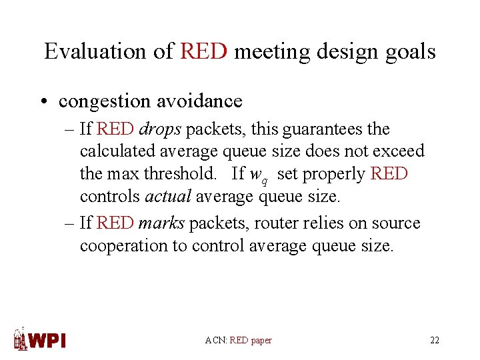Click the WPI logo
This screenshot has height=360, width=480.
tap(41, 339)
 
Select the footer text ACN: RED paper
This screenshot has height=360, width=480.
tap(239, 341)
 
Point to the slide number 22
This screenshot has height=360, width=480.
tap(435, 341)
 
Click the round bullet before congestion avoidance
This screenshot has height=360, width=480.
tap(43, 102)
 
